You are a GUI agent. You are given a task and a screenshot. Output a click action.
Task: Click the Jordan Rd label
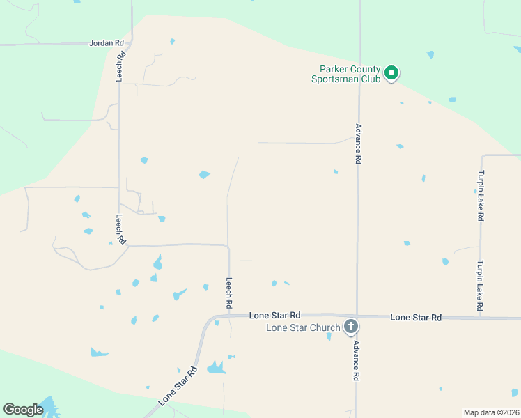[x=106, y=43]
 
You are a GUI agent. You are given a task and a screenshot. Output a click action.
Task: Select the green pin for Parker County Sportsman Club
[x=391, y=72]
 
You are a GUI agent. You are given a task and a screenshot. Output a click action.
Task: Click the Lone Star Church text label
[x=303, y=327]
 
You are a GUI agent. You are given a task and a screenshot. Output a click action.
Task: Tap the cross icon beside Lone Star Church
[x=351, y=326]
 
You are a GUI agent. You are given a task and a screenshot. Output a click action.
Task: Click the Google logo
[x=23, y=410]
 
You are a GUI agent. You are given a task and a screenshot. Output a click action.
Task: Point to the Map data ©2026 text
[x=490, y=412]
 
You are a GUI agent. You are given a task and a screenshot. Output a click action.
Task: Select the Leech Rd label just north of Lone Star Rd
[x=228, y=293]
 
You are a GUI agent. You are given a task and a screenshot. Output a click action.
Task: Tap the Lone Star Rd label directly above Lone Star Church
[x=274, y=316]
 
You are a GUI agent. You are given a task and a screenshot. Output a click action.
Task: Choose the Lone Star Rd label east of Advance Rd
[x=416, y=317]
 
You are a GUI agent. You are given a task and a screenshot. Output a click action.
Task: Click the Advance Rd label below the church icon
[x=355, y=360]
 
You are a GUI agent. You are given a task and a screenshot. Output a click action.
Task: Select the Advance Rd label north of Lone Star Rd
[x=358, y=144]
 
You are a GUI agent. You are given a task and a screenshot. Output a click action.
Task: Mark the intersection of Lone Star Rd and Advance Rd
[x=357, y=316]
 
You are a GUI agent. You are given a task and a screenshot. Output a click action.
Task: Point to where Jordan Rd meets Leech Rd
[x=131, y=43]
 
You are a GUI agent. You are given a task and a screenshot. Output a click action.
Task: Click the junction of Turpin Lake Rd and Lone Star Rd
[x=480, y=318]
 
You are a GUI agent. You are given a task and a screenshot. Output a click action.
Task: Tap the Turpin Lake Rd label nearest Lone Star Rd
[x=480, y=286]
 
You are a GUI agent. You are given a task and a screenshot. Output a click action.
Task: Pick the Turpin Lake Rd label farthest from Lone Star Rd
[x=480, y=196]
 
